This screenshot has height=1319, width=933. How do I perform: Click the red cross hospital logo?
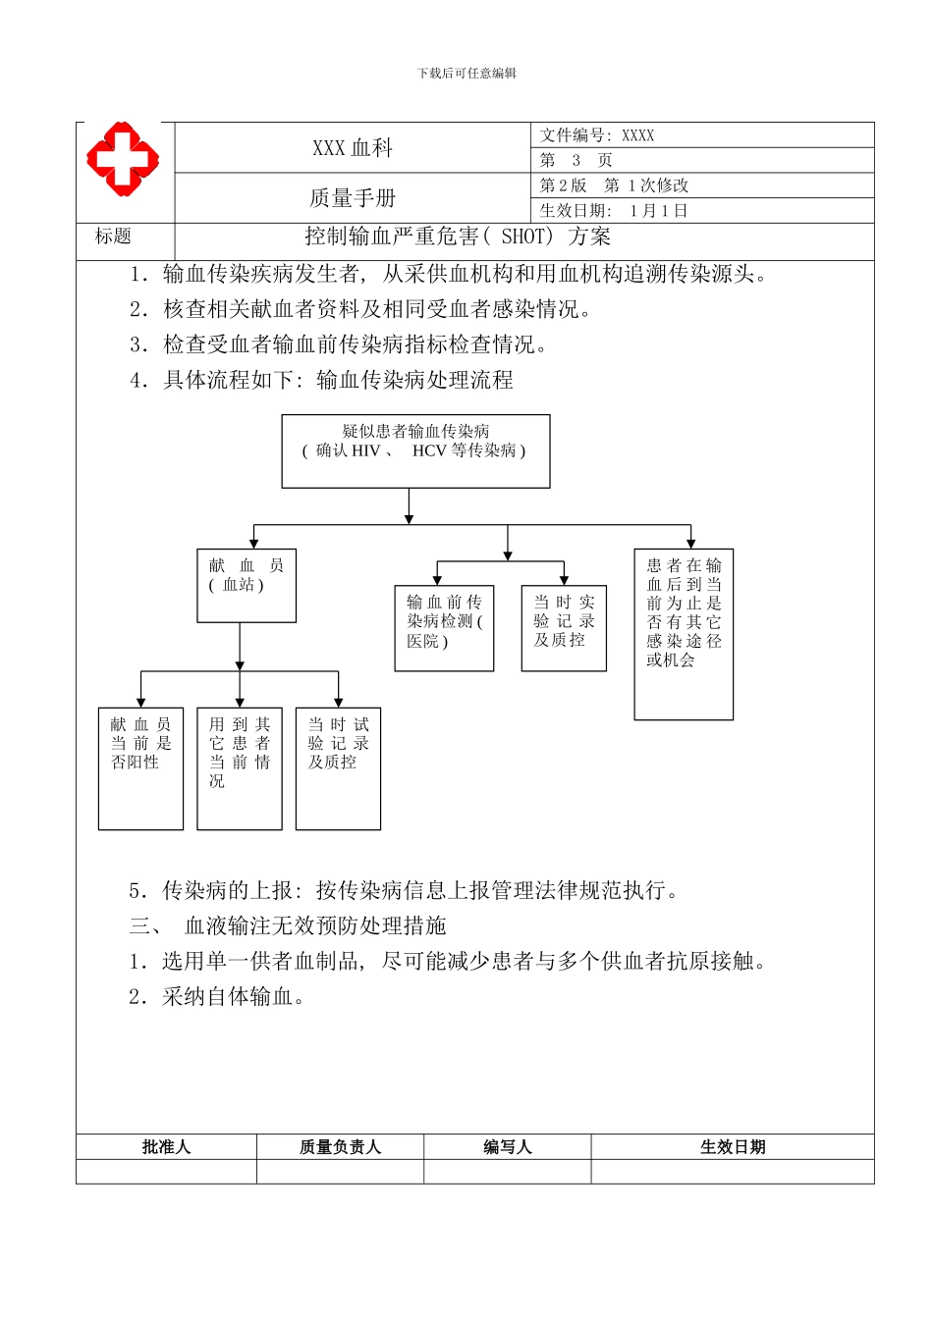click(123, 157)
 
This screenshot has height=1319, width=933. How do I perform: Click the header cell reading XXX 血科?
click(352, 148)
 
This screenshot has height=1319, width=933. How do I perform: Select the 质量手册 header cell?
click(352, 198)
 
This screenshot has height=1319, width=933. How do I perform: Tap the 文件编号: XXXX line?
click(597, 135)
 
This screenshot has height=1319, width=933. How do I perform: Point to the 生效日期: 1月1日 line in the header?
click(614, 211)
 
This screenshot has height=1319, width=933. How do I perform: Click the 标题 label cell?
click(114, 237)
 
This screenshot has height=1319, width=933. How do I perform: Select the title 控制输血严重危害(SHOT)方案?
click(458, 237)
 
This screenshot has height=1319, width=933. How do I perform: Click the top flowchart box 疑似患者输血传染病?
click(415, 450)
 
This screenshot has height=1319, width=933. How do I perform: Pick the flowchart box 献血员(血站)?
click(247, 585)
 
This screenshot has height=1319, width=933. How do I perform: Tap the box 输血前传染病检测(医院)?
click(444, 629)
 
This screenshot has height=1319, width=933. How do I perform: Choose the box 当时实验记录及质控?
click(564, 629)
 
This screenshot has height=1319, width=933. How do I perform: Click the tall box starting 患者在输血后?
click(684, 633)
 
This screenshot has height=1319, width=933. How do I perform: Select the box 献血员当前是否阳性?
click(140, 767)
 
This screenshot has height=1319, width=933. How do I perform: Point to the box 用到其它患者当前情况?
click(240, 767)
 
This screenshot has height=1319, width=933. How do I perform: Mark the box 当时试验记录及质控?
click(338, 767)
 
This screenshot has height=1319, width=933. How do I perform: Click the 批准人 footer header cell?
click(166, 1147)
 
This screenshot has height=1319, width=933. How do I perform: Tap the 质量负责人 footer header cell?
click(340, 1147)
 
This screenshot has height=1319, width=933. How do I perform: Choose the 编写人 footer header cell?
click(507, 1147)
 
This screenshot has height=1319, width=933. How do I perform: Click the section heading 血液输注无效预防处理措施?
click(315, 925)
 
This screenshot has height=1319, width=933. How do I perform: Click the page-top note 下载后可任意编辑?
click(466, 73)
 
